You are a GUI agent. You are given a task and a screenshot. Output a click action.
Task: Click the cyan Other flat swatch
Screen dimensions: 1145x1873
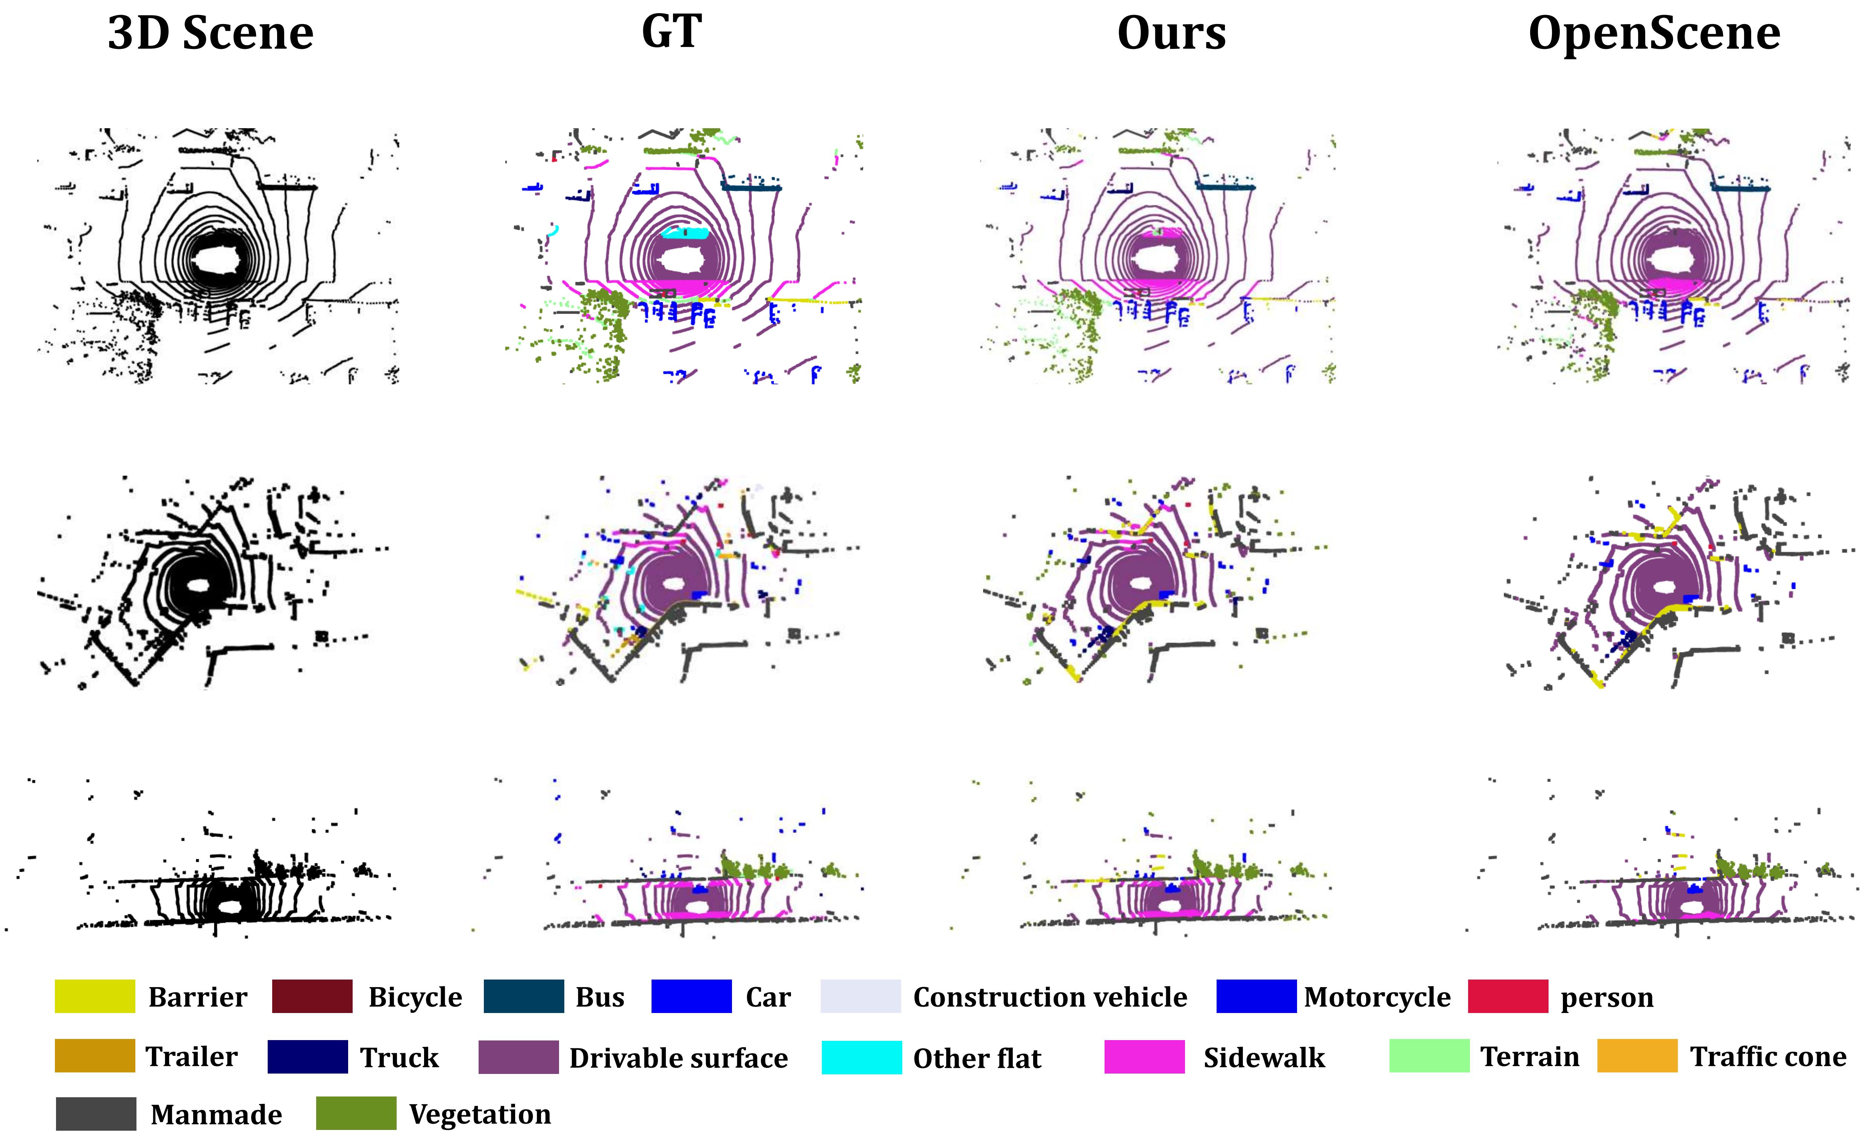click(861, 1057)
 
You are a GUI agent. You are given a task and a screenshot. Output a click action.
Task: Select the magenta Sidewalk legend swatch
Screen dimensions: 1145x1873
click(1144, 1057)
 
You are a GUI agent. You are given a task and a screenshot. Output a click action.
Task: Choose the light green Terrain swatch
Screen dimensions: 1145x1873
click(1429, 1056)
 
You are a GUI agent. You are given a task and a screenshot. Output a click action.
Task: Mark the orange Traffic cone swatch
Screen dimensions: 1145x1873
click(1637, 1056)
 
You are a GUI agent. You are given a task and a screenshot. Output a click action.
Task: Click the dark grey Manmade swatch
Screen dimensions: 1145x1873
click(96, 1114)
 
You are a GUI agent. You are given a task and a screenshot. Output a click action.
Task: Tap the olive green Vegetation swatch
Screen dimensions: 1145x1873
click(356, 1114)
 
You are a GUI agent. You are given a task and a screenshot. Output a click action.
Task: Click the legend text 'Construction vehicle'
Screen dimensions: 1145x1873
click(1050, 997)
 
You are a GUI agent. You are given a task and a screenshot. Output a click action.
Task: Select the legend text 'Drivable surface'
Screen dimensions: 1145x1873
click(678, 1057)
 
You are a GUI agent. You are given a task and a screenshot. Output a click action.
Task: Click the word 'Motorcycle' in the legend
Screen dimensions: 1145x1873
click(1377, 997)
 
